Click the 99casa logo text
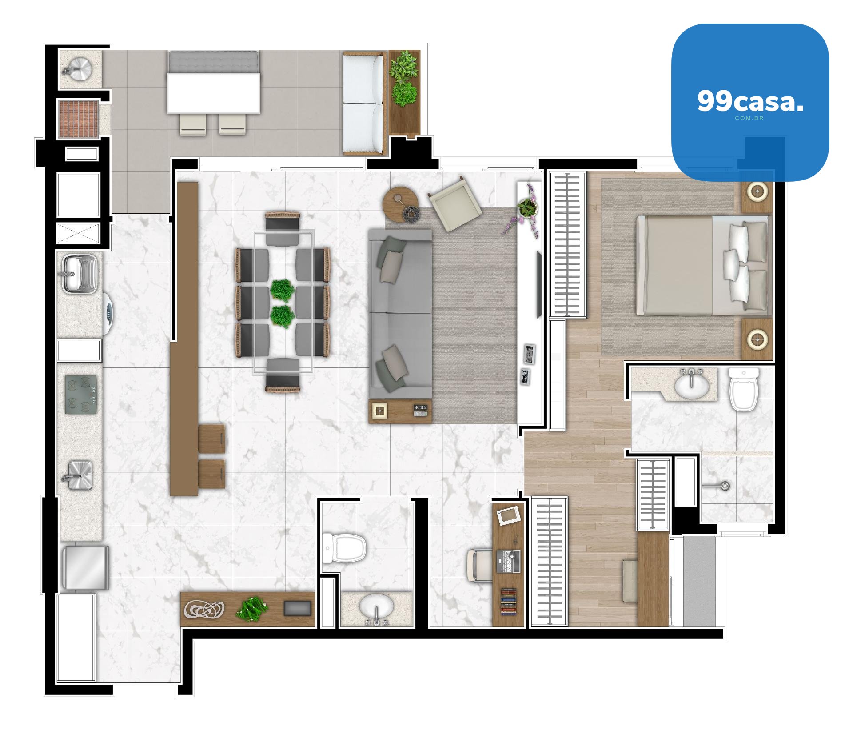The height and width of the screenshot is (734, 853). click(x=750, y=102)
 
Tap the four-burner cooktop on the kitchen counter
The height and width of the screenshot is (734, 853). click(x=80, y=395)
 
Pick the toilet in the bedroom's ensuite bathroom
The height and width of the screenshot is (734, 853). click(x=744, y=389)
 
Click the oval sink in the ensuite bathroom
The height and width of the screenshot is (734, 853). click(x=692, y=385)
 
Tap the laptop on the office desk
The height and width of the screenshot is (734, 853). click(x=508, y=561)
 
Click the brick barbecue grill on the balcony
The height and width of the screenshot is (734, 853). click(x=78, y=119)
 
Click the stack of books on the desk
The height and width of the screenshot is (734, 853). click(x=509, y=602)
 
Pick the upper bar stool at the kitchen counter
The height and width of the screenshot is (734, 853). click(x=212, y=439)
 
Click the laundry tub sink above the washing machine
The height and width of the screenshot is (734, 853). click(x=75, y=273)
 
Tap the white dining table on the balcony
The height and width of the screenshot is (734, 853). click(x=213, y=93)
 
